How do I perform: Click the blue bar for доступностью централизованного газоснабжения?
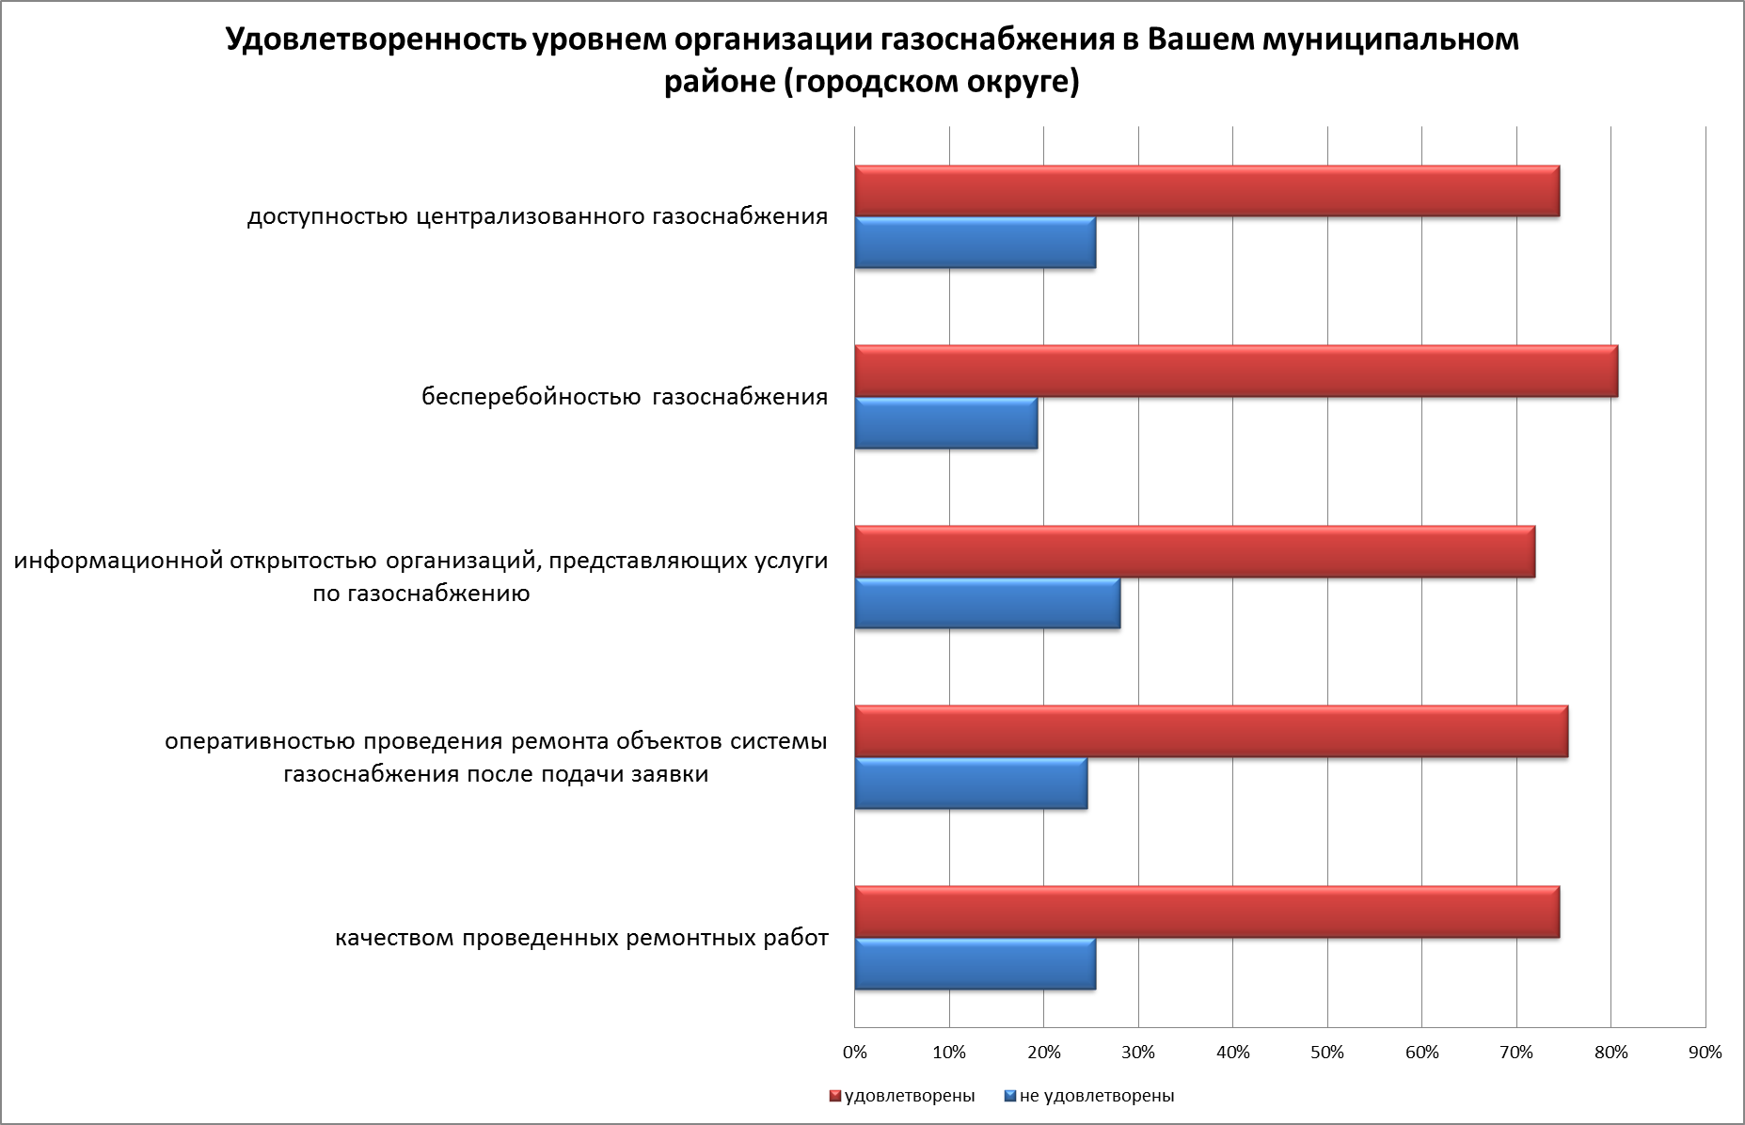[975, 243]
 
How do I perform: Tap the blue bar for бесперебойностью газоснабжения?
[945, 423]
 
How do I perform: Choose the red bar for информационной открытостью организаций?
[1194, 551]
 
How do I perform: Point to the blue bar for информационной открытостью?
[987, 603]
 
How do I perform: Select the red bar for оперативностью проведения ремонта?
[1211, 731]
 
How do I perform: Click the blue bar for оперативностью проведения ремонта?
[971, 784]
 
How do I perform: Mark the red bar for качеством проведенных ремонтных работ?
[1206, 911]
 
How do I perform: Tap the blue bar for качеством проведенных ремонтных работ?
[975, 964]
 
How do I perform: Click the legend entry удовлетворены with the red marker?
[902, 1096]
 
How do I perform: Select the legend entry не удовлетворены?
[1090, 1096]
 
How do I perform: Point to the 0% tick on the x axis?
[854, 1053]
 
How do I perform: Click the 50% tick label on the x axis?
[1327, 1053]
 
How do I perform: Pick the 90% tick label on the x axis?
[1705, 1053]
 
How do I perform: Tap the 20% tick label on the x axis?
[1043, 1053]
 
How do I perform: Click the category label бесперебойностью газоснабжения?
[625, 397]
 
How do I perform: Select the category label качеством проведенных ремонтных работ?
[581, 939]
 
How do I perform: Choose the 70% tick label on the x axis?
[1516, 1053]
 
